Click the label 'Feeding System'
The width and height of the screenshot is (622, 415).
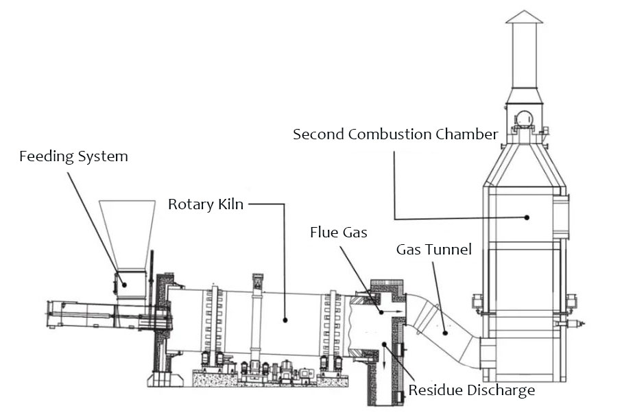73,156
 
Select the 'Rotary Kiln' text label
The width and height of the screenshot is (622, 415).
206,204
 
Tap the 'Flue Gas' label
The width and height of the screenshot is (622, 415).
339,233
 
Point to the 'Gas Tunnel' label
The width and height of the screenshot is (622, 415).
434,250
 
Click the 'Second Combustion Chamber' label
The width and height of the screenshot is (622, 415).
395,134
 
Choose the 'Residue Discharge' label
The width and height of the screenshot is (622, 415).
472,391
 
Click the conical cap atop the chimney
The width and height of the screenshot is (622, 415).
524,16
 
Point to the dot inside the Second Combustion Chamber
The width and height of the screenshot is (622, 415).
527,217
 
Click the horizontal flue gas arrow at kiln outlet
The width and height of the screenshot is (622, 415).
394,313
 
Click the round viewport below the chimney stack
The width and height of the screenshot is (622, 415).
524,117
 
